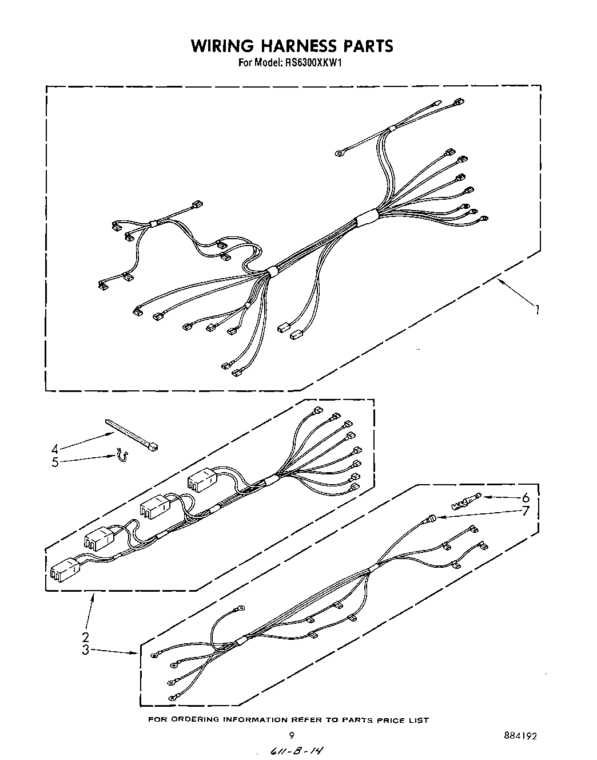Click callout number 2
[x=85, y=637]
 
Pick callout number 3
[x=85, y=650]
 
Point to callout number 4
[x=55, y=449]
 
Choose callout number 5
[x=55, y=462]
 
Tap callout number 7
[x=525, y=511]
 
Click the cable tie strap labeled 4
[x=132, y=436]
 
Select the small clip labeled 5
[x=122, y=455]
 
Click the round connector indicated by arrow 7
[x=429, y=518]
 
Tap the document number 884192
[x=520, y=736]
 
